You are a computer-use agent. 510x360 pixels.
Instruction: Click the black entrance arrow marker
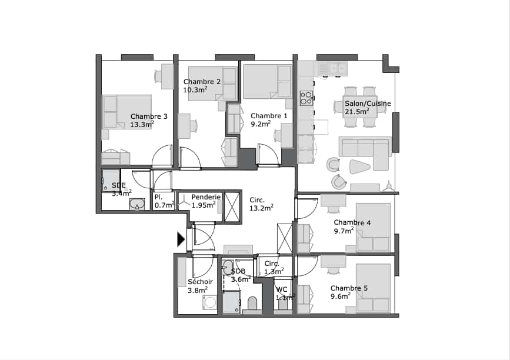(181, 239)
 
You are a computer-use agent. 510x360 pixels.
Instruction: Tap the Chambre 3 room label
(149, 116)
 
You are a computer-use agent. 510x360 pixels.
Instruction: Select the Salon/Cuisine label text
(368, 104)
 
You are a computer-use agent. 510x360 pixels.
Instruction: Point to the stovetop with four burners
(306, 98)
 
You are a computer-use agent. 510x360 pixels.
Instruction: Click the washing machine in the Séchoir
(209, 302)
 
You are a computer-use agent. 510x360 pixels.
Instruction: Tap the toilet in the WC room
(282, 304)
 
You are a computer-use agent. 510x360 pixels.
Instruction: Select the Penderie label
(206, 197)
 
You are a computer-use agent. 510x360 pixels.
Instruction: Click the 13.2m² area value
(261, 208)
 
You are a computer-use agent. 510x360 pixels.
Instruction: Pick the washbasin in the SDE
(137, 204)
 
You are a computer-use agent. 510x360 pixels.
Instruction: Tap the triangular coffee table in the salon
(359, 166)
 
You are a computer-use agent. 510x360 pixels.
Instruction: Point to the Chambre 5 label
(349, 288)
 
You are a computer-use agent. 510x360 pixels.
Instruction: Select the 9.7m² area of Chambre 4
(344, 231)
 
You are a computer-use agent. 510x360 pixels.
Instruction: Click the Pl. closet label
(158, 197)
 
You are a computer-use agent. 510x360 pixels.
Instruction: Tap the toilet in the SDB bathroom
(252, 304)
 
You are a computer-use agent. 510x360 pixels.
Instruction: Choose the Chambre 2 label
(202, 82)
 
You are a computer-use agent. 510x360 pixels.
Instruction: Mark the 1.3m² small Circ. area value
(274, 271)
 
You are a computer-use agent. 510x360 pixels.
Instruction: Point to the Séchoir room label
(201, 282)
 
